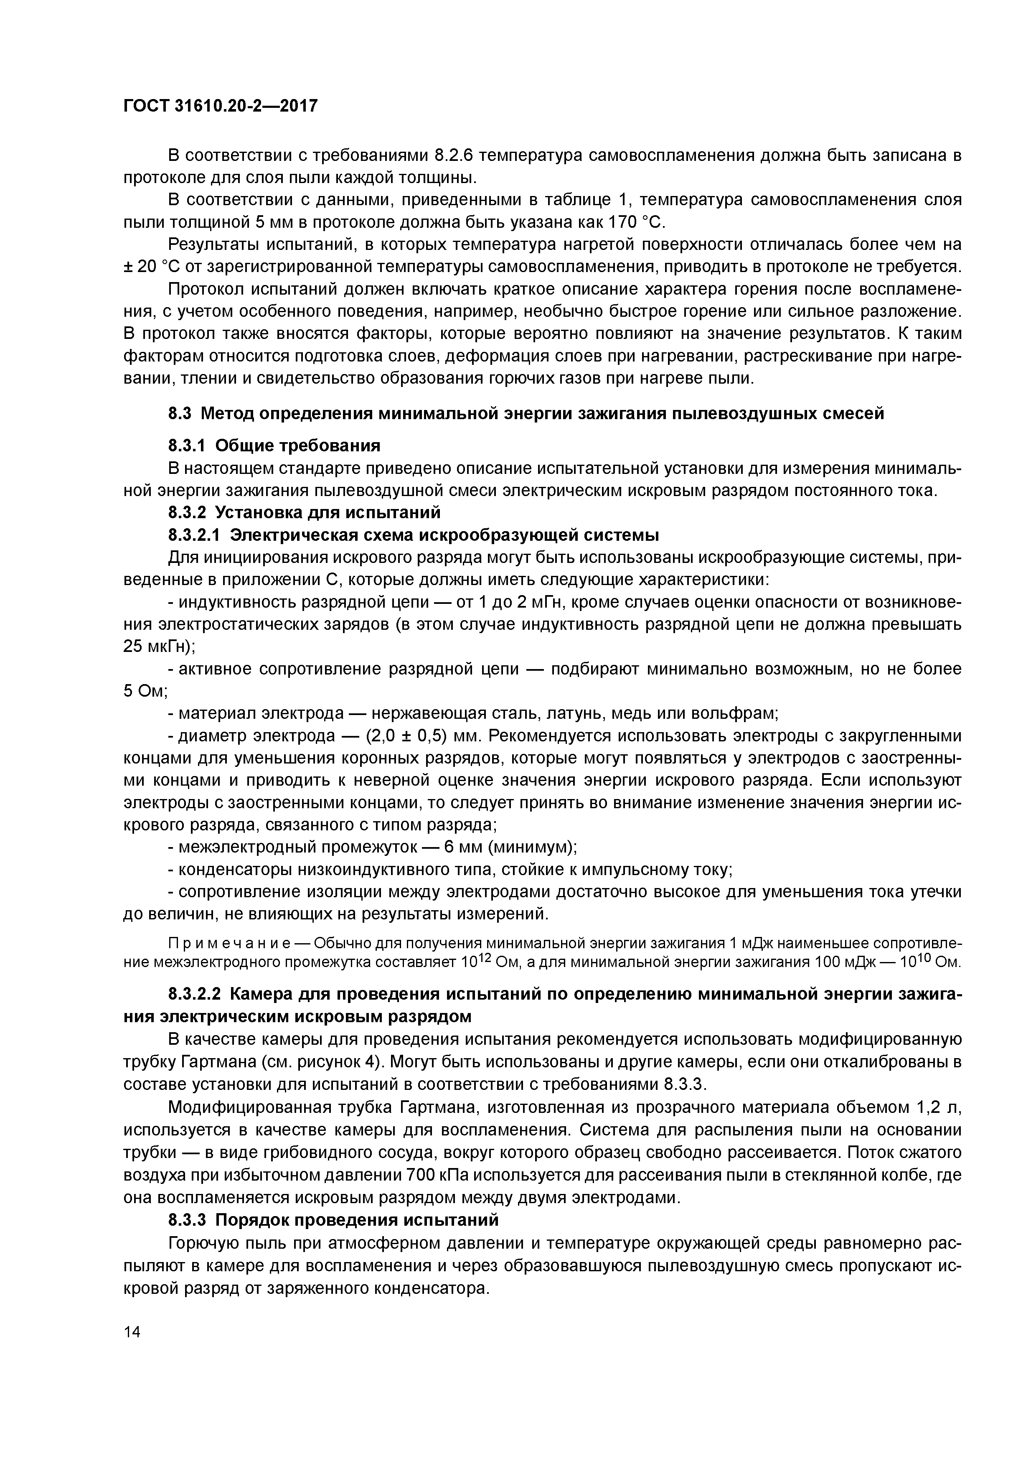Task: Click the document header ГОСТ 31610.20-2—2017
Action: coord(220,106)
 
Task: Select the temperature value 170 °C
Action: coord(635,223)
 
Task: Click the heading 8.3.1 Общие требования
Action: coord(274,445)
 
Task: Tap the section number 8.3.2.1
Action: coord(196,534)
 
